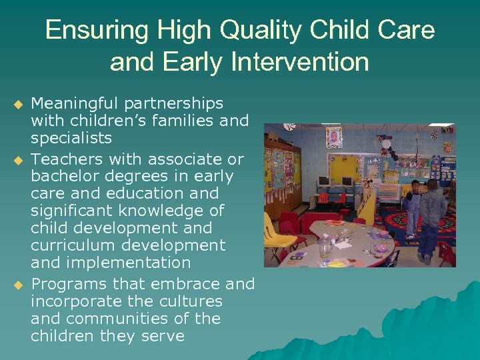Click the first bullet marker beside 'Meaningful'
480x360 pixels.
[x=18, y=105]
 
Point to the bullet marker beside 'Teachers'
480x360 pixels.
[x=18, y=161]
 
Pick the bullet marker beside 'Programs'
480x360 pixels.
[x=18, y=285]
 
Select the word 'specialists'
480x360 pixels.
[x=71, y=139]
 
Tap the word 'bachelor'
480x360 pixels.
[x=64, y=177]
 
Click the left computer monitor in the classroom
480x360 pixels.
[x=324, y=181]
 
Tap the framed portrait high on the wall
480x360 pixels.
[x=333, y=137]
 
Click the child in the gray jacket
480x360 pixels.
[x=433, y=210]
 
